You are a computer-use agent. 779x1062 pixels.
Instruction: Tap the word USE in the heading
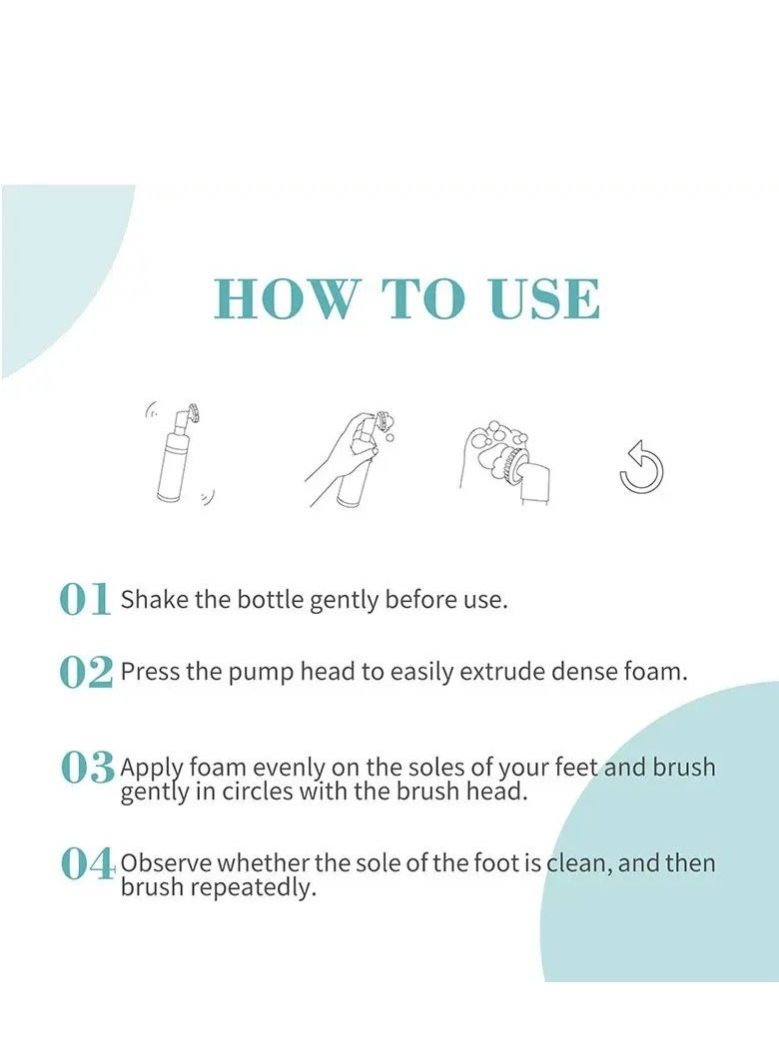(544, 298)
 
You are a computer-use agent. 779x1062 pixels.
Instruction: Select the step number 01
(84, 600)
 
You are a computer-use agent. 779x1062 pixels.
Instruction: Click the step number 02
(86, 673)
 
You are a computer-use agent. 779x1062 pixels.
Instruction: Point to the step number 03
(87, 768)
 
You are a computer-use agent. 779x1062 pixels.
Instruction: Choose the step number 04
(87, 863)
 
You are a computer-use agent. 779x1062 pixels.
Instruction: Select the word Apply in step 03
(151, 769)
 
